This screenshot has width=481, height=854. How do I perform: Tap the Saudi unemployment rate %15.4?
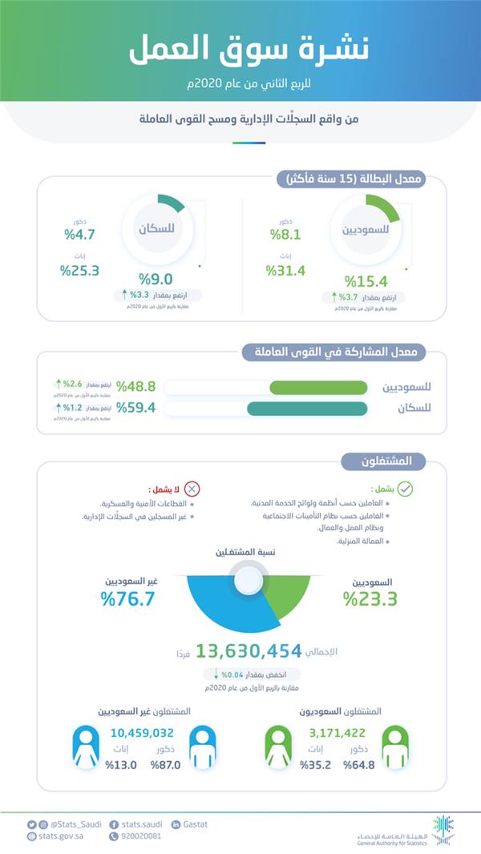pyautogui.click(x=366, y=281)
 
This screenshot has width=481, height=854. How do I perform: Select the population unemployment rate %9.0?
pyautogui.click(x=157, y=280)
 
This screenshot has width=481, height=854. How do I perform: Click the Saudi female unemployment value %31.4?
pyautogui.click(x=286, y=270)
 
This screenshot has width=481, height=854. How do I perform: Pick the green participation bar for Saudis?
pyautogui.click(x=318, y=388)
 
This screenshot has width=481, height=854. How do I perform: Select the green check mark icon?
pyautogui.click(x=406, y=489)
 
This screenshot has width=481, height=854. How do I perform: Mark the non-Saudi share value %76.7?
pyautogui.click(x=127, y=598)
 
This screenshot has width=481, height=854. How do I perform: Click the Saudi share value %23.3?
pyautogui.click(x=370, y=598)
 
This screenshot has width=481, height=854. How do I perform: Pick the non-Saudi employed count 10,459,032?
pyautogui.click(x=142, y=732)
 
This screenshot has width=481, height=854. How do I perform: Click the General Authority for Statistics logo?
pyautogui.click(x=442, y=829)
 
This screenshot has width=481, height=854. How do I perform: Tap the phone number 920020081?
pyautogui.click(x=138, y=836)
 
